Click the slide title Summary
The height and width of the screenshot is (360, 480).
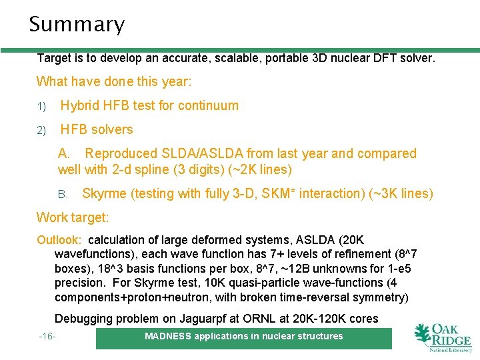tap(77, 25)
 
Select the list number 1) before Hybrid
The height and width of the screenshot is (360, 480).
tap(41, 106)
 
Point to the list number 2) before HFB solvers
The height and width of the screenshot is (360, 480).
tap(41, 130)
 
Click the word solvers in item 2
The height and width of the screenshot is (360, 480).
tap(111, 129)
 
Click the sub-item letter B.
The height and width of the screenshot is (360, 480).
tap(63, 195)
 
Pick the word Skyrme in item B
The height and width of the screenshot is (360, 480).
tap(104, 194)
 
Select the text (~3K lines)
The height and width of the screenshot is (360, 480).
tap(401, 194)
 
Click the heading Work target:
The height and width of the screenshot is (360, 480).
tap(73, 218)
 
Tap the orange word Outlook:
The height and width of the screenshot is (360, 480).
tap(59, 240)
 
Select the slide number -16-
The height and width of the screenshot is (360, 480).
tap(47, 337)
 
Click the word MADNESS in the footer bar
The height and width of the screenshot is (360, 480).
tap(167, 336)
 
